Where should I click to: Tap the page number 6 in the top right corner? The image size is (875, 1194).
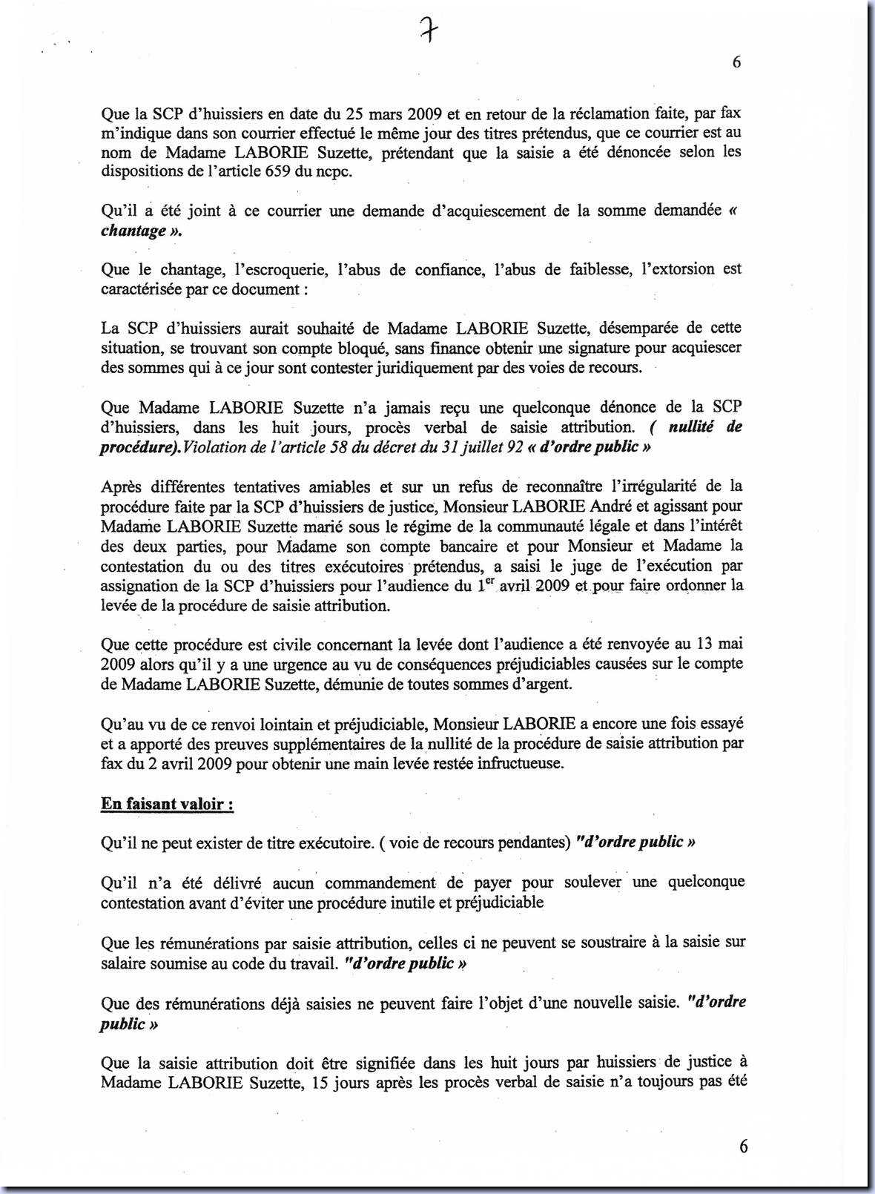click(736, 62)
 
